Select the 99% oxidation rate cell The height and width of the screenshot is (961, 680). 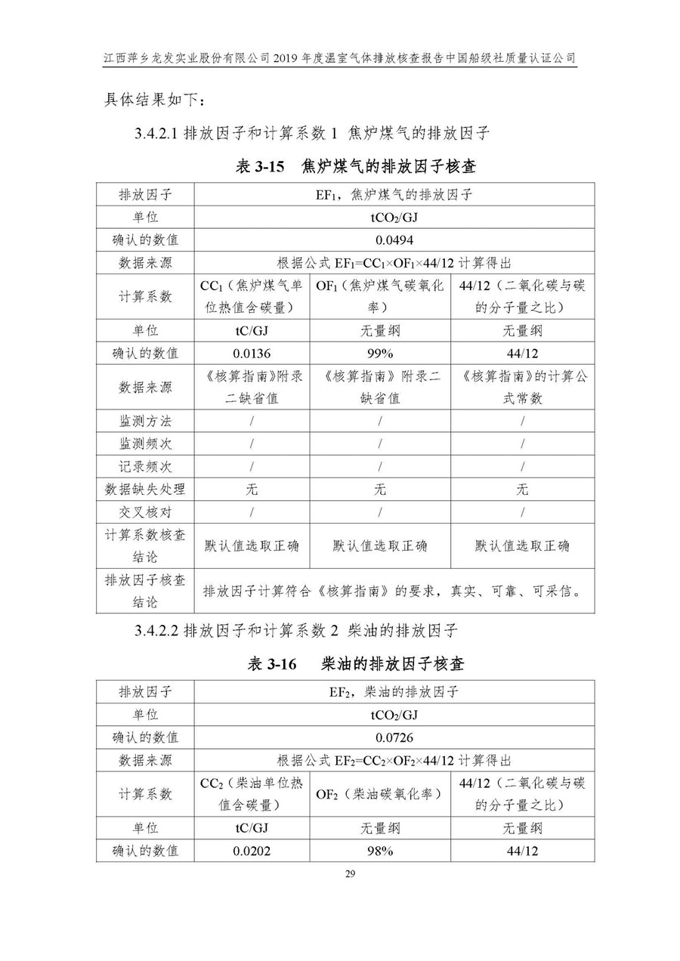tap(379, 353)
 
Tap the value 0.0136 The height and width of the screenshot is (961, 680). tap(252, 353)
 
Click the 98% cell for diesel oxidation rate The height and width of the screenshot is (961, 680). tap(379, 851)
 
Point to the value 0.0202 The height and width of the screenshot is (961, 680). tap(252, 851)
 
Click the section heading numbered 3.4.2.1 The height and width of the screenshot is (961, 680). tap(312, 134)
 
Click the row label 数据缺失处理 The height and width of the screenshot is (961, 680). tap(145, 490)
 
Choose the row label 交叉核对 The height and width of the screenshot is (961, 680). tap(145, 512)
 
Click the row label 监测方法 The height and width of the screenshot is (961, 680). tap(145, 421)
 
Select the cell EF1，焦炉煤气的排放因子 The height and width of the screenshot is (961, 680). tap(394, 194)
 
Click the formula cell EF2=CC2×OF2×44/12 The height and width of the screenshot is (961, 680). tap(394, 760)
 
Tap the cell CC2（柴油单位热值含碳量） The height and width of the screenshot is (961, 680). tap(252, 794)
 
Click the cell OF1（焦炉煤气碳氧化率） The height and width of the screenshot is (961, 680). tap(379, 296)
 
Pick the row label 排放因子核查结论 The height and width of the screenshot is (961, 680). tap(145, 591)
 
